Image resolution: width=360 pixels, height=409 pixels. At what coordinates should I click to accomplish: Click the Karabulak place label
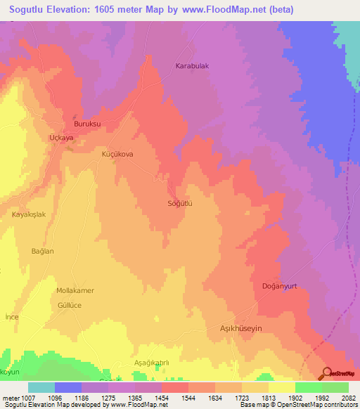pyautogui.click(x=192, y=66)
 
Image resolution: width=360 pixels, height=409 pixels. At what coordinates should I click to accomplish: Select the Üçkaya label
pyautogui.click(x=61, y=138)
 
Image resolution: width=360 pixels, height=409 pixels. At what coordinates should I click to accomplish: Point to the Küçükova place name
pyautogui.click(x=117, y=154)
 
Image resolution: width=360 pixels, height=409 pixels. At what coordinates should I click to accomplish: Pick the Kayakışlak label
pyautogui.click(x=29, y=214)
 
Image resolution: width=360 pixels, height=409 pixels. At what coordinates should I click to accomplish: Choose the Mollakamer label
pyautogui.click(x=75, y=290)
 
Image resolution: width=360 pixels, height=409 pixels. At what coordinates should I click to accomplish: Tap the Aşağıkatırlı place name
pyautogui.click(x=152, y=363)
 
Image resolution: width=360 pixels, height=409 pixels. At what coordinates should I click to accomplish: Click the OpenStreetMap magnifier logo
pyautogui.click(x=328, y=372)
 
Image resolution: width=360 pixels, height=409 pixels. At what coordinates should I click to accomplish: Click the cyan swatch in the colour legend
pyautogui.click(x=41, y=387)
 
